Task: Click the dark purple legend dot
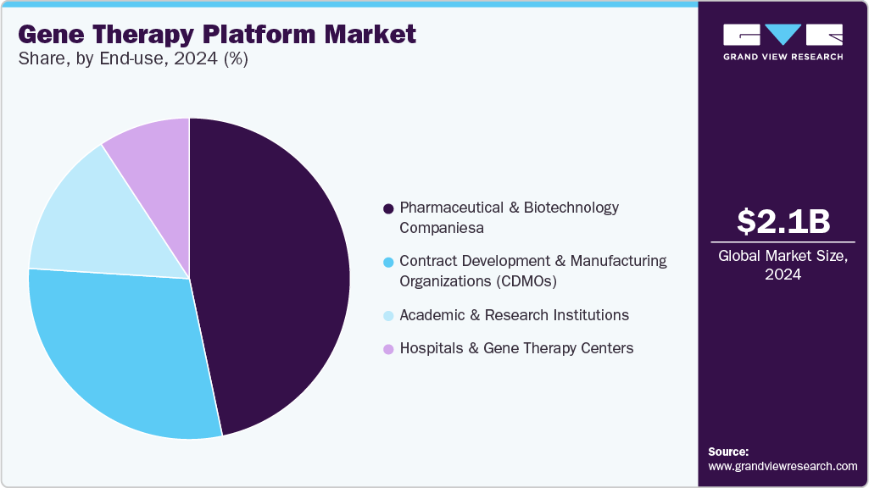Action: coord(388,208)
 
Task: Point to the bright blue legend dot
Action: coord(388,262)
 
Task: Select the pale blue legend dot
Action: coord(388,316)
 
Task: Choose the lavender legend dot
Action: coord(388,349)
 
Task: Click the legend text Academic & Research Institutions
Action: coord(514,315)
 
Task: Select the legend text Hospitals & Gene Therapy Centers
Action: coord(516,348)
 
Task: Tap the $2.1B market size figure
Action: coord(783,221)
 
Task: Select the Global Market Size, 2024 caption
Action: coord(783,265)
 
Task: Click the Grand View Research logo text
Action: coord(783,57)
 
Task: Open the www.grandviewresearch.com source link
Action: coord(783,466)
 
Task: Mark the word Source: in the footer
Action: coord(728,452)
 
